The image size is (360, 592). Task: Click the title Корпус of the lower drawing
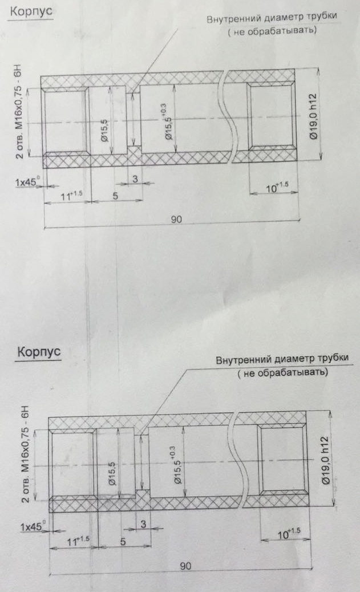(x=39, y=352)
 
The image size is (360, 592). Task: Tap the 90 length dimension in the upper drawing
(x=176, y=219)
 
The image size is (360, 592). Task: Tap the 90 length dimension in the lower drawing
(x=185, y=566)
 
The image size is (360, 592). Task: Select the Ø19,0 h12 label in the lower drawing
(x=326, y=460)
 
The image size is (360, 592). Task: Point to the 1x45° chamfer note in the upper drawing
(x=27, y=182)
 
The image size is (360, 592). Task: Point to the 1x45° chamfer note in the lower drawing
(x=33, y=526)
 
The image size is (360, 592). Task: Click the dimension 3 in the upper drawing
(x=135, y=179)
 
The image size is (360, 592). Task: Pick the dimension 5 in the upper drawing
(x=115, y=196)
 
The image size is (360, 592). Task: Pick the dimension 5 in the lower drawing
(x=123, y=541)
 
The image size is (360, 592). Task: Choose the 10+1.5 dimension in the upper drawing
(x=277, y=186)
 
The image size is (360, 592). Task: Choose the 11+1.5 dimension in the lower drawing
(x=78, y=541)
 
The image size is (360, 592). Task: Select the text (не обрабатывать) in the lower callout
(x=282, y=372)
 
